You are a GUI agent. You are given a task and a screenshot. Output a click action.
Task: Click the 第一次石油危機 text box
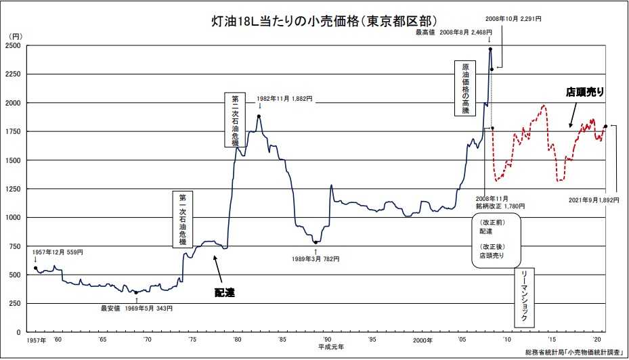183,219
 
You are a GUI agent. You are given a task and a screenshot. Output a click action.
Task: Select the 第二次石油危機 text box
235,120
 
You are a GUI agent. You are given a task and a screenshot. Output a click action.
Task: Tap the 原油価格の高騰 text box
465,89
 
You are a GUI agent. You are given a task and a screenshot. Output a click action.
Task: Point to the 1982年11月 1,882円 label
285,98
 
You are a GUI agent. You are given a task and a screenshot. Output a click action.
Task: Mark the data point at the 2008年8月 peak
490,49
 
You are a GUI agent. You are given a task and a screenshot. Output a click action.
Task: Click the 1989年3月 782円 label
316,258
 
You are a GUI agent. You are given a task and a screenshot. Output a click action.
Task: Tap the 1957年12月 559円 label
58,252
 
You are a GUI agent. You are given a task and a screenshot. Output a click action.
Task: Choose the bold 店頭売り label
584,91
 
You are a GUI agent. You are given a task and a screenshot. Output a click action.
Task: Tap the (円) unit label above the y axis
15,35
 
